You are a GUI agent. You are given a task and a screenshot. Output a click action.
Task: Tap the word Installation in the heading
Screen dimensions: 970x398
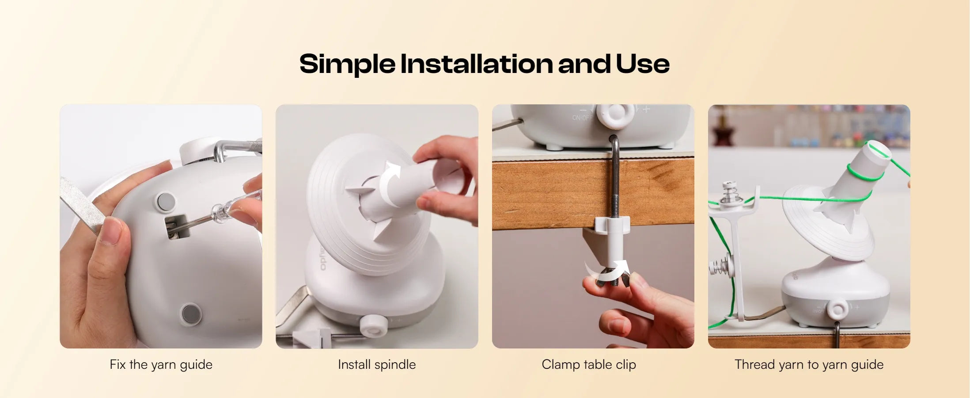pos(476,64)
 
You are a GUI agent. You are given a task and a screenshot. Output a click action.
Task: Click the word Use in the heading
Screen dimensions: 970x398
pos(643,64)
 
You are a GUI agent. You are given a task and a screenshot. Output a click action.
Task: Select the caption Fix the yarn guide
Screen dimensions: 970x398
pos(161,365)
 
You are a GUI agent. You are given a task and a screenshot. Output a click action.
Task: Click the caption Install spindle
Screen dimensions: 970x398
pos(377,365)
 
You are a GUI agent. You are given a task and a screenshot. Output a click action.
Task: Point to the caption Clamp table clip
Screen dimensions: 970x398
pos(589,365)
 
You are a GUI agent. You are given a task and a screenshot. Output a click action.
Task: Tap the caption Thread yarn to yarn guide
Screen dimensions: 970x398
pos(809,365)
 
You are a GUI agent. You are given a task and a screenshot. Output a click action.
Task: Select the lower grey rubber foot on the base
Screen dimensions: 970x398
pos(191,314)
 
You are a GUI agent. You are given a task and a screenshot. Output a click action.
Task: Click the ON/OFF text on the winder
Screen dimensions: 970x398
pos(582,118)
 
